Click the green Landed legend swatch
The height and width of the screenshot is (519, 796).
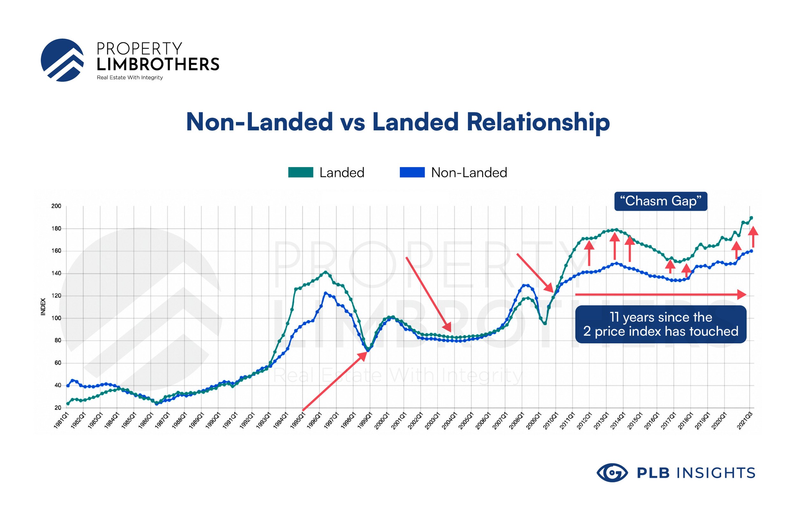click(x=300, y=172)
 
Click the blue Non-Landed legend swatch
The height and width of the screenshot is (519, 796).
click(x=412, y=172)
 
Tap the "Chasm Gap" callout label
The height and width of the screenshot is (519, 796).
click(x=661, y=201)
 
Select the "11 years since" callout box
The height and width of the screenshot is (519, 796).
click(x=661, y=324)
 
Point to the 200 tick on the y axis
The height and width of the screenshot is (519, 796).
click(x=56, y=206)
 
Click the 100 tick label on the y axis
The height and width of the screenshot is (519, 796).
click(x=56, y=318)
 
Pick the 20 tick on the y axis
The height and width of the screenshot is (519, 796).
click(x=58, y=407)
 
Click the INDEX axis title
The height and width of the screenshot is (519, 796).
click(x=43, y=306)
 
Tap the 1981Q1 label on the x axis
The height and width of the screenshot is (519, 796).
click(x=61, y=420)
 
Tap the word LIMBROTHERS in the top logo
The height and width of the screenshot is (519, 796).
click(x=158, y=64)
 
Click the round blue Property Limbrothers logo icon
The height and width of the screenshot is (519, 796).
click(x=62, y=60)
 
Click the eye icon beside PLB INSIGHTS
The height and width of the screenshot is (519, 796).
click(x=612, y=472)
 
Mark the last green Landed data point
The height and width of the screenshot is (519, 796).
click(x=751, y=218)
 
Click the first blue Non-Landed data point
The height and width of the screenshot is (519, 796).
click(x=68, y=386)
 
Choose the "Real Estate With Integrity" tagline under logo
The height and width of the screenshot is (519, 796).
click(x=130, y=78)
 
